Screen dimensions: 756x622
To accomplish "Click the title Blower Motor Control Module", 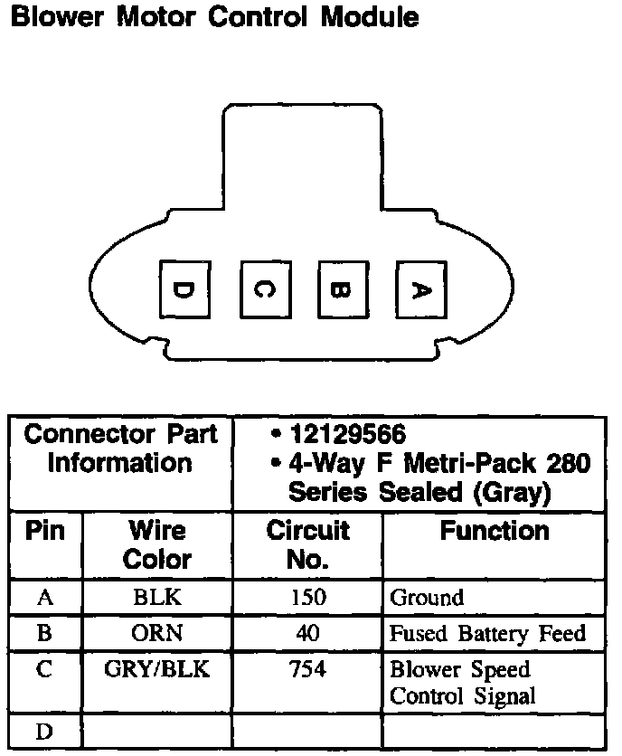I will tap(213, 17).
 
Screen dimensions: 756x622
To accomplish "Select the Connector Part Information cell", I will tap(120, 449).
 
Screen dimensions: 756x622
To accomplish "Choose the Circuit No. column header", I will tap(307, 544).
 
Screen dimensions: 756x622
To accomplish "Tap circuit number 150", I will tap(307, 598).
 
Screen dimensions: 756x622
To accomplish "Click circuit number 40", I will tap(307, 634).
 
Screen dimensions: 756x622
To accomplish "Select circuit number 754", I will tap(307, 671).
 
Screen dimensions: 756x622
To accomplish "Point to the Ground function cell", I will tap(427, 598).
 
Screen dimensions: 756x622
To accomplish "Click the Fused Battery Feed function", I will tap(487, 634).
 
